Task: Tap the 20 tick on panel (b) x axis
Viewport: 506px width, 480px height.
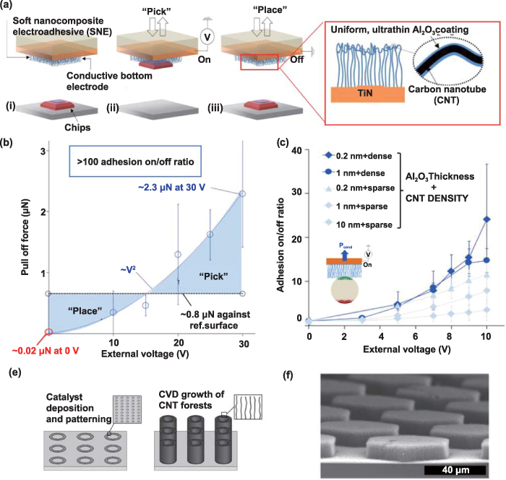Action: coord(178,341)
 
